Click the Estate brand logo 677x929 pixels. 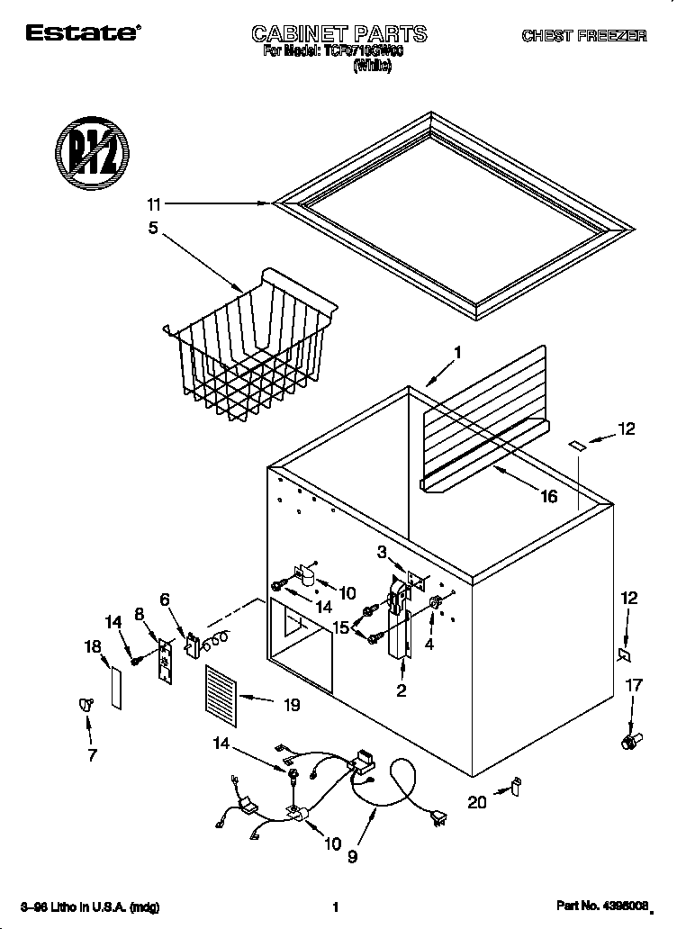pyautogui.click(x=82, y=34)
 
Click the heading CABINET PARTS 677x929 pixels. pyautogui.click(x=338, y=34)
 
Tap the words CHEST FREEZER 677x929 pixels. pyautogui.click(x=584, y=36)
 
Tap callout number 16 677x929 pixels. pyautogui.click(x=547, y=496)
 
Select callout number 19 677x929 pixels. pyautogui.click(x=291, y=707)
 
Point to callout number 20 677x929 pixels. pyautogui.click(x=476, y=801)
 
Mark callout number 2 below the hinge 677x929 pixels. pyautogui.click(x=402, y=690)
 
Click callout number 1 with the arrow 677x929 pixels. pyautogui.click(x=457, y=354)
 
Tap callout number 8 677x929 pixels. pyautogui.click(x=140, y=613)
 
